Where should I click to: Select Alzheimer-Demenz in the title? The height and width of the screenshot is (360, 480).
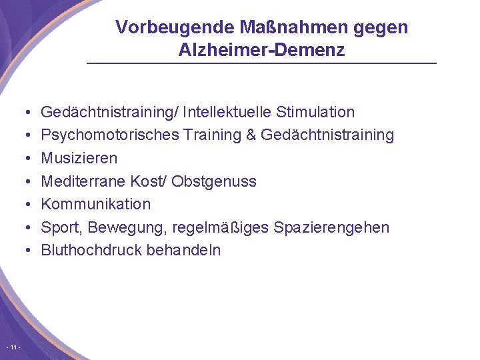pyautogui.click(x=262, y=50)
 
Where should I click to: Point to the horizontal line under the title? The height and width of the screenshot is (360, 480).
pyautogui.click(x=262, y=63)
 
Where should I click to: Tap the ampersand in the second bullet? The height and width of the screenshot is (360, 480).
pyautogui.click(x=251, y=135)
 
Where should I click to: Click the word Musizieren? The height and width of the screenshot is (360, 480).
pyautogui.click(x=79, y=158)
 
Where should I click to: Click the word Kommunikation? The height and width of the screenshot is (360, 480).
pyautogui.click(x=96, y=204)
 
